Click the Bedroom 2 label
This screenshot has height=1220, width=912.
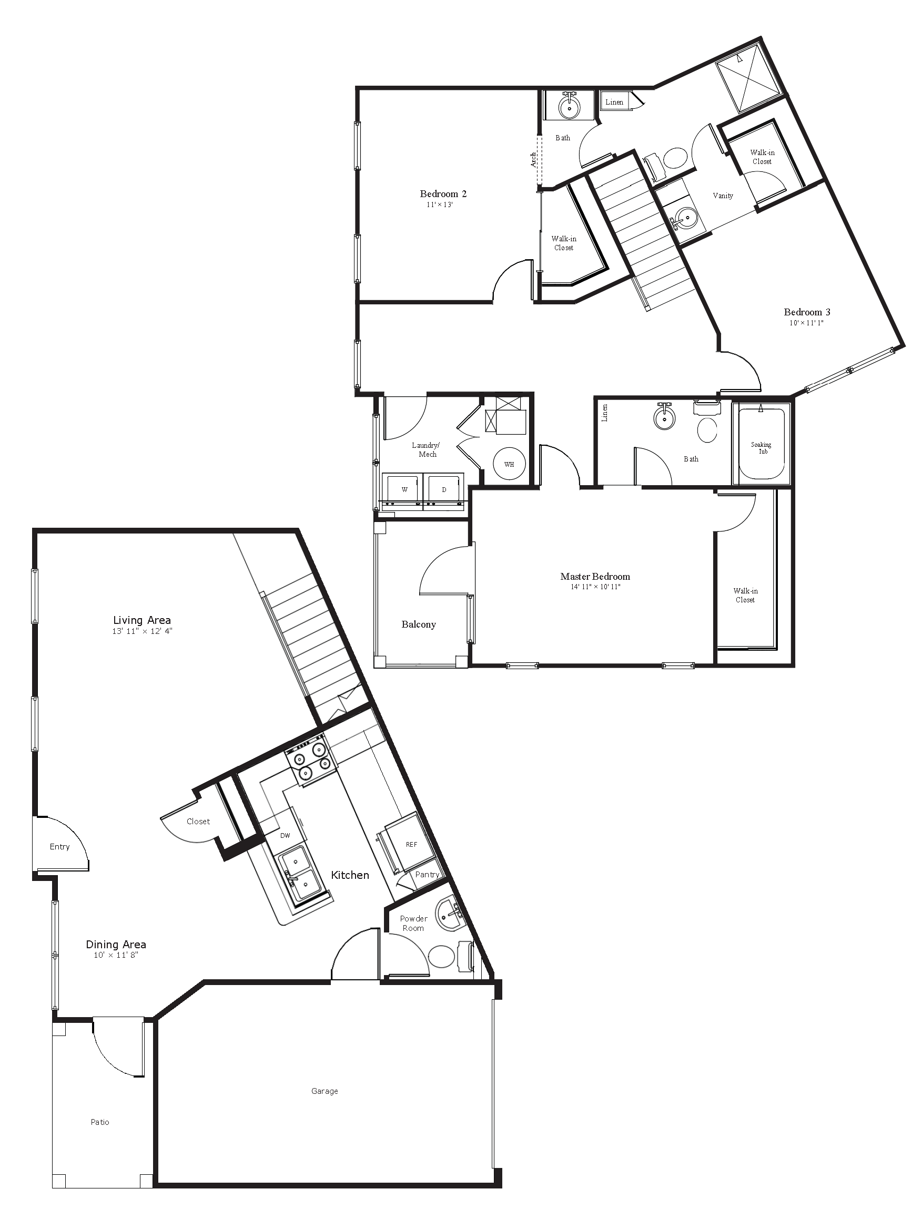(443, 193)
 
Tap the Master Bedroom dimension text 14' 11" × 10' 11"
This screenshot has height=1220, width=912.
(595, 587)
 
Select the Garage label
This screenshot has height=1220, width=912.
(325, 1091)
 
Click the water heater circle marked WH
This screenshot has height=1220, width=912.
(509, 464)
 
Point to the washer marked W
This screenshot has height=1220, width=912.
(404, 489)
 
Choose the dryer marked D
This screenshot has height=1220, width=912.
(444, 489)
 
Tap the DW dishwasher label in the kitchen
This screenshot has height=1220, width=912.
(285, 836)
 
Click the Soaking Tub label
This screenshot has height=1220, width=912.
(762, 448)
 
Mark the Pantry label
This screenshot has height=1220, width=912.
(427, 875)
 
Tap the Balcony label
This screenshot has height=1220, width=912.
(419, 624)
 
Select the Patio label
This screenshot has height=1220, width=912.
(100, 1122)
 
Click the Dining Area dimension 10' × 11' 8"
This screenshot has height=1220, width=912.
(116, 955)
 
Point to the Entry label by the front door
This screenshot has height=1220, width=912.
(59, 847)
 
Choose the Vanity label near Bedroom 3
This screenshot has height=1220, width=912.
(723, 196)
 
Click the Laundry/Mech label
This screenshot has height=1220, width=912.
(426, 449)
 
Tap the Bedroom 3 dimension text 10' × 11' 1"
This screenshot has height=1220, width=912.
(807, 323)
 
